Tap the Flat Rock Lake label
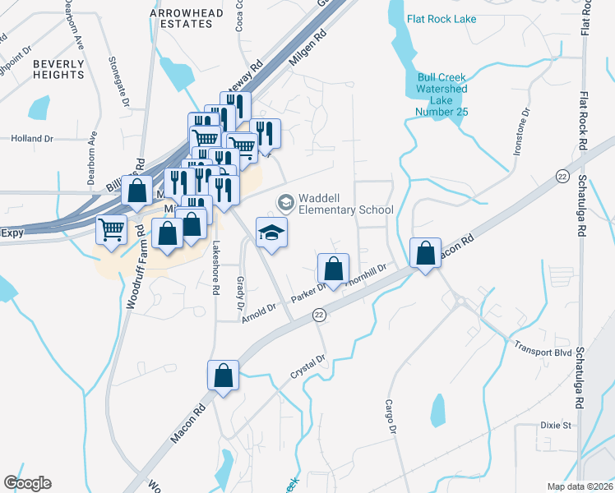442,18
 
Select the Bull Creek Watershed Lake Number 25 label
442,89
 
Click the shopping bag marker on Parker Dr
333,268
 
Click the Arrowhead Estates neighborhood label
182,18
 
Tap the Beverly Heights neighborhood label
58,69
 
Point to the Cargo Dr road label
391,417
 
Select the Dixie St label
556,426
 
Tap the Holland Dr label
32,139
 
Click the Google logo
28,483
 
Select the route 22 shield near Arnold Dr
320,315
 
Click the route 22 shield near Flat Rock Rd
562,176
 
